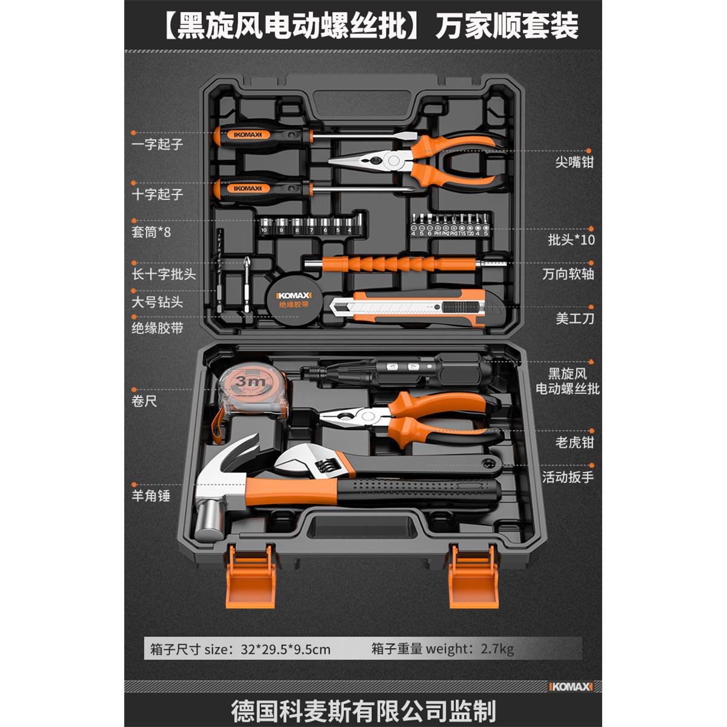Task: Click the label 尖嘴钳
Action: click(x=574, y=162)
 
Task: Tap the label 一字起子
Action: click(x=157, y=145)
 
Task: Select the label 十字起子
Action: click(x=157, y=194)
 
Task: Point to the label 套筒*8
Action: click(x=151, y=232)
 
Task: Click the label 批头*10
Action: click(x=571, y=239)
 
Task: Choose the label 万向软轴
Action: click(x=568, y=274)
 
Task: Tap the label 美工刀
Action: click(x=575, y=317)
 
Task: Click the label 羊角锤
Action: click(x=151, y=496)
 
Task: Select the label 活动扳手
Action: click(x=568, y=477)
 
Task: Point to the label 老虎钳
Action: click(x=574, y=442)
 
